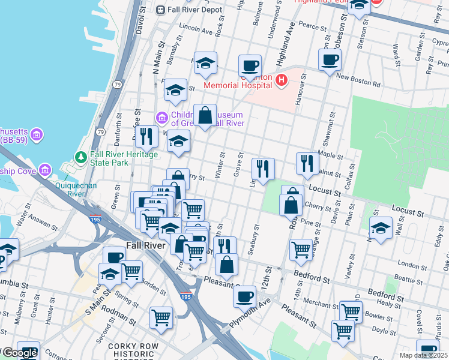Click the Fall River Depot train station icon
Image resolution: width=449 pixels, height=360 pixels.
[160, 10]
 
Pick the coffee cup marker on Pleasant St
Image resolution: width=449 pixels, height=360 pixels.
[244, 296]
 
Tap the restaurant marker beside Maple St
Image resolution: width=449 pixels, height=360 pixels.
[307, 163]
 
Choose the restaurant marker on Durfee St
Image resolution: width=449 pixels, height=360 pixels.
[145, 137]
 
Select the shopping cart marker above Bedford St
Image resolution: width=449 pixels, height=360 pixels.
[301, 249]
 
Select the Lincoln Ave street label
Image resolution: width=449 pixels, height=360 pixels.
[196, 29]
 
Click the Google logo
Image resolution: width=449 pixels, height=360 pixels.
[20, 353]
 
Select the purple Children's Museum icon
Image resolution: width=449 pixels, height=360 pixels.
[161, 116]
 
